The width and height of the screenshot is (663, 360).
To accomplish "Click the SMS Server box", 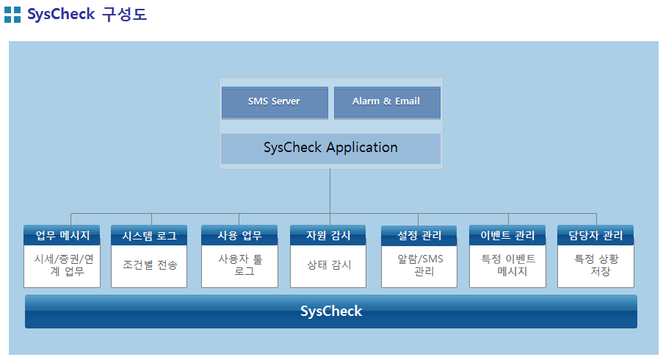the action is click(x=275, y=102).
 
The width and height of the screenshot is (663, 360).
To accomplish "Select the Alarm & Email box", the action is click(x=387, y=102).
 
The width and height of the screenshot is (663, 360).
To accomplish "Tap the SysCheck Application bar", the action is click(x=330, y=148).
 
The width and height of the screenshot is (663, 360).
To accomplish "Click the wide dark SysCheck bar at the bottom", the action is click(x=331, y=312).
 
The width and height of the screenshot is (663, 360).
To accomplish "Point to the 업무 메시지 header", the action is click(x=62, y=235).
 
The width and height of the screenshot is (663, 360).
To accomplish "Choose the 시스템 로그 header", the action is click(x=149, y=235).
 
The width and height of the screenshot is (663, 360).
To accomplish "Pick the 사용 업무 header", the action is click(x=239, y=235).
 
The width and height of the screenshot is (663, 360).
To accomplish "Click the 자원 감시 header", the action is click(x=328, y=235).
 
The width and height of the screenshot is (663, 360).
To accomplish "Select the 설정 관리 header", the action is click(x=419, y=235).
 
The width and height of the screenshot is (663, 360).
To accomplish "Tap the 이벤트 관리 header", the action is click(x=507, y=235).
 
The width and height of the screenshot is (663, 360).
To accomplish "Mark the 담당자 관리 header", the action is click(x=595, y=235).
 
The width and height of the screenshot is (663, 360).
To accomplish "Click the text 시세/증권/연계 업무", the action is click(x=64, y=264).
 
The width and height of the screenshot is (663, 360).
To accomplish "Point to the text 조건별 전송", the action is click(x=150, y=264).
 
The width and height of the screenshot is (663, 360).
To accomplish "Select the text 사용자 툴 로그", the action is click(x=240, y=264).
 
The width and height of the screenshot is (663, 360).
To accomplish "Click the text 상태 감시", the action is click(x=329, y=264).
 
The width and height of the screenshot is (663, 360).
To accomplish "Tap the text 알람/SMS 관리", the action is click(x=420, y=264).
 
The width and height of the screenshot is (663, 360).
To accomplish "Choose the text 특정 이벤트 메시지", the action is click(x=509, y=264).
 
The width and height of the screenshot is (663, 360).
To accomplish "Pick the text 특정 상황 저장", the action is click(x=597, y=264).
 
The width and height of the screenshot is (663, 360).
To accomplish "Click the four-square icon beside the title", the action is click(x=12, y=15).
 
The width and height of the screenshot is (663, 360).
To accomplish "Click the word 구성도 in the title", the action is click(x=124, y=15).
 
